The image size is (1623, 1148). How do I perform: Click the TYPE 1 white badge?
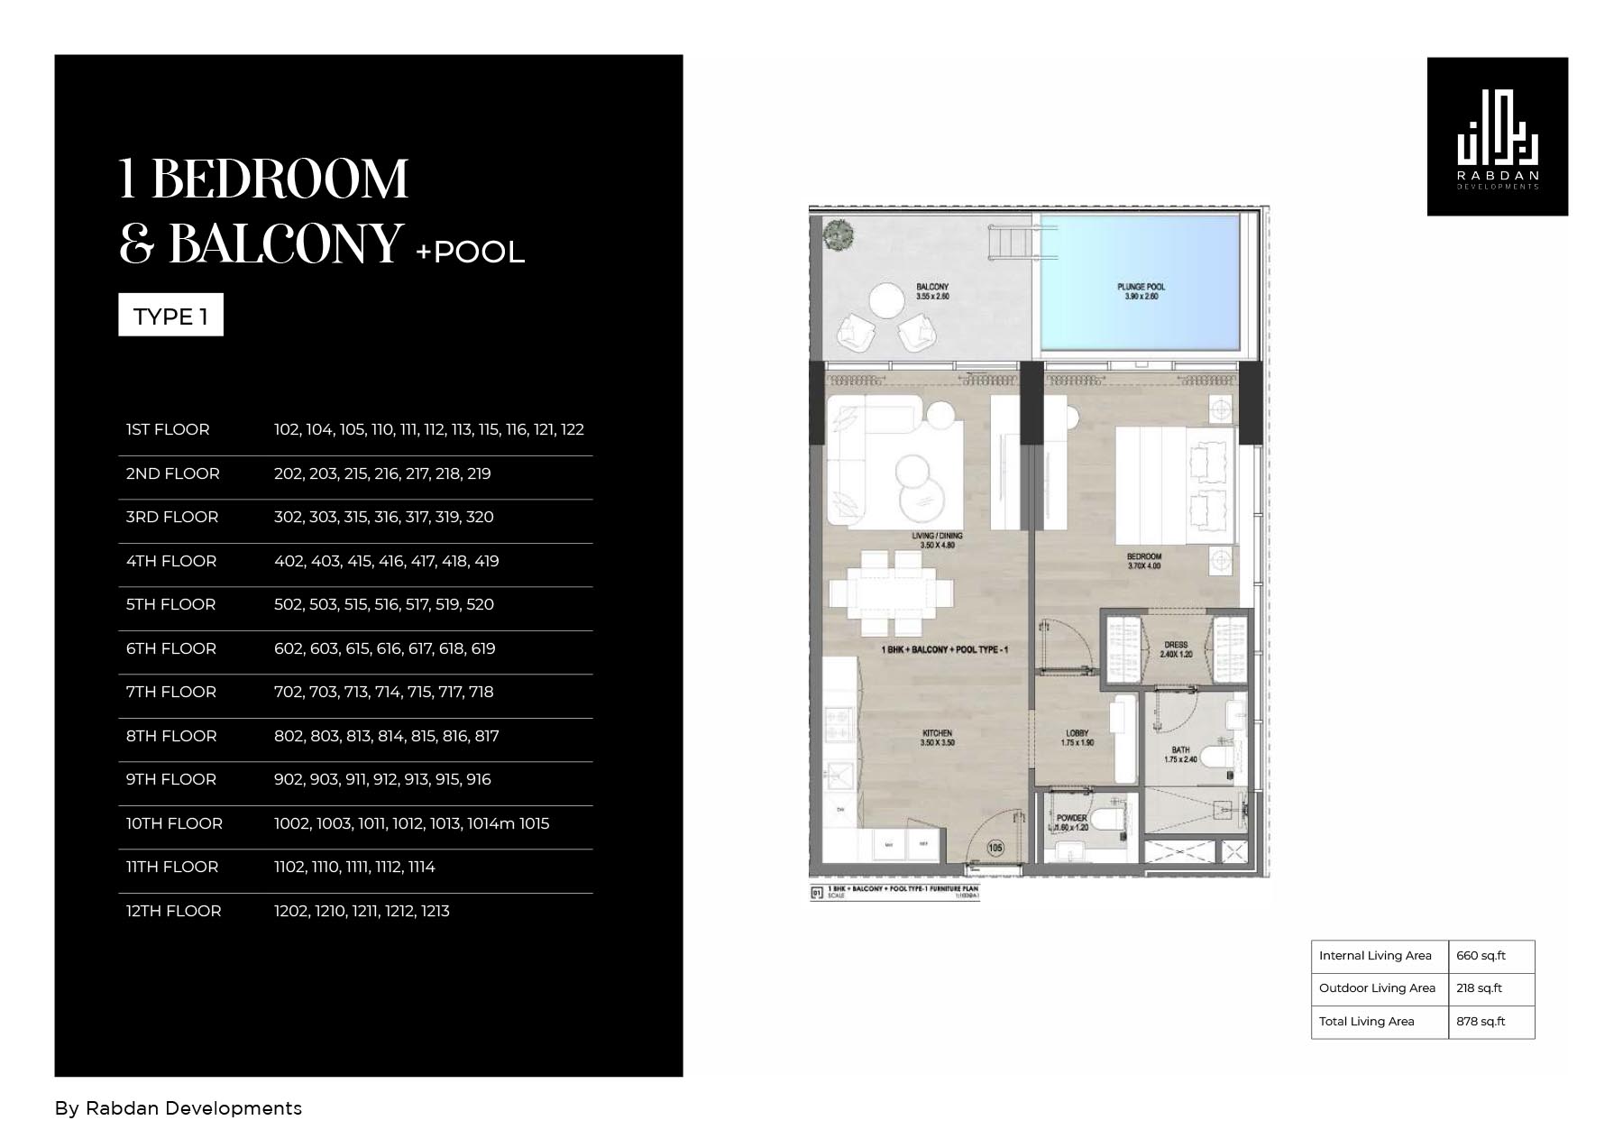coord(170,316)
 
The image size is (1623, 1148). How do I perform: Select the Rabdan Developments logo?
coord(1497,137)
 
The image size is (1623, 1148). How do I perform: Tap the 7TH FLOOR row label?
coord(171,692)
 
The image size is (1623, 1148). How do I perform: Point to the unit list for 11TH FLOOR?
coord(354,867)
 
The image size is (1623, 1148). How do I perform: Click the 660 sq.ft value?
coord(1481,956)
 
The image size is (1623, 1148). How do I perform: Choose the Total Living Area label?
coord(1366,1022)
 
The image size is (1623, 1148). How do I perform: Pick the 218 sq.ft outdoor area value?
coord(1479,988)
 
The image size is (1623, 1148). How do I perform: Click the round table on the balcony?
coord(885,301)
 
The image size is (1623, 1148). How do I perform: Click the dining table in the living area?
coord(891,592)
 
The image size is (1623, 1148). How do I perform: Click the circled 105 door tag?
coord(995,848)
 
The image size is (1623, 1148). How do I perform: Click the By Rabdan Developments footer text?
coord(179,1108)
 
